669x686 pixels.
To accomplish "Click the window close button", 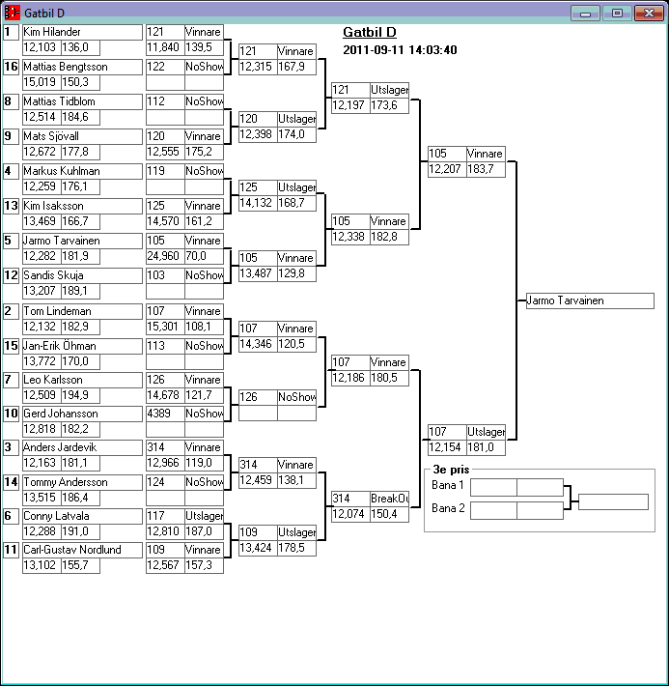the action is click(x=649, y=14).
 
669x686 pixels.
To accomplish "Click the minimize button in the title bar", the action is click(x=585, y=14).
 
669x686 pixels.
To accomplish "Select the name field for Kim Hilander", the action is click(x=83, y=32).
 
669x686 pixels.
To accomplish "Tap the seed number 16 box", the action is click(x=11, y=67).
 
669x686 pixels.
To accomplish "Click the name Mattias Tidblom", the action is click(x=60, y=101).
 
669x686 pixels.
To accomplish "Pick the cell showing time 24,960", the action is click(x=165, y=256).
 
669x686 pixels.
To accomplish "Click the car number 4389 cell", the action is click(x=165, y=414).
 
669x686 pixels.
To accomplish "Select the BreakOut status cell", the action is click(x=389, y=499).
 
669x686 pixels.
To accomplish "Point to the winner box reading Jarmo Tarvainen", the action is click(x=590, y=301).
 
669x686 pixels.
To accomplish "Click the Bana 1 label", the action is click(x=447, y=485).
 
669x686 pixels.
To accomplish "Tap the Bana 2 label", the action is click(x=447, y=508).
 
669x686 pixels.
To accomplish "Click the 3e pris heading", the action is click(x=451, y=470).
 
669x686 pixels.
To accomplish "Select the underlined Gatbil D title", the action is click(x=370, y=33).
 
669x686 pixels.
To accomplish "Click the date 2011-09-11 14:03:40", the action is click(x=400, y=50).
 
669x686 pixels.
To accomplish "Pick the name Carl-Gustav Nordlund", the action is click(x=72, y=550).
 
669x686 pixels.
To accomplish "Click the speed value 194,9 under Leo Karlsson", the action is click(x=75, y=395).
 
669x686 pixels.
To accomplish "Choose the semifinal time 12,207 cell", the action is click(x=447, y=169).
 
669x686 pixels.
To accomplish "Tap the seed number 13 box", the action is click(x=11, y=206).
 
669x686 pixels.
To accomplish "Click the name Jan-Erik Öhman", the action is click(x=60, y=346).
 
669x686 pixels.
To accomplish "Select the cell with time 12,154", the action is click(x=447, y=447).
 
